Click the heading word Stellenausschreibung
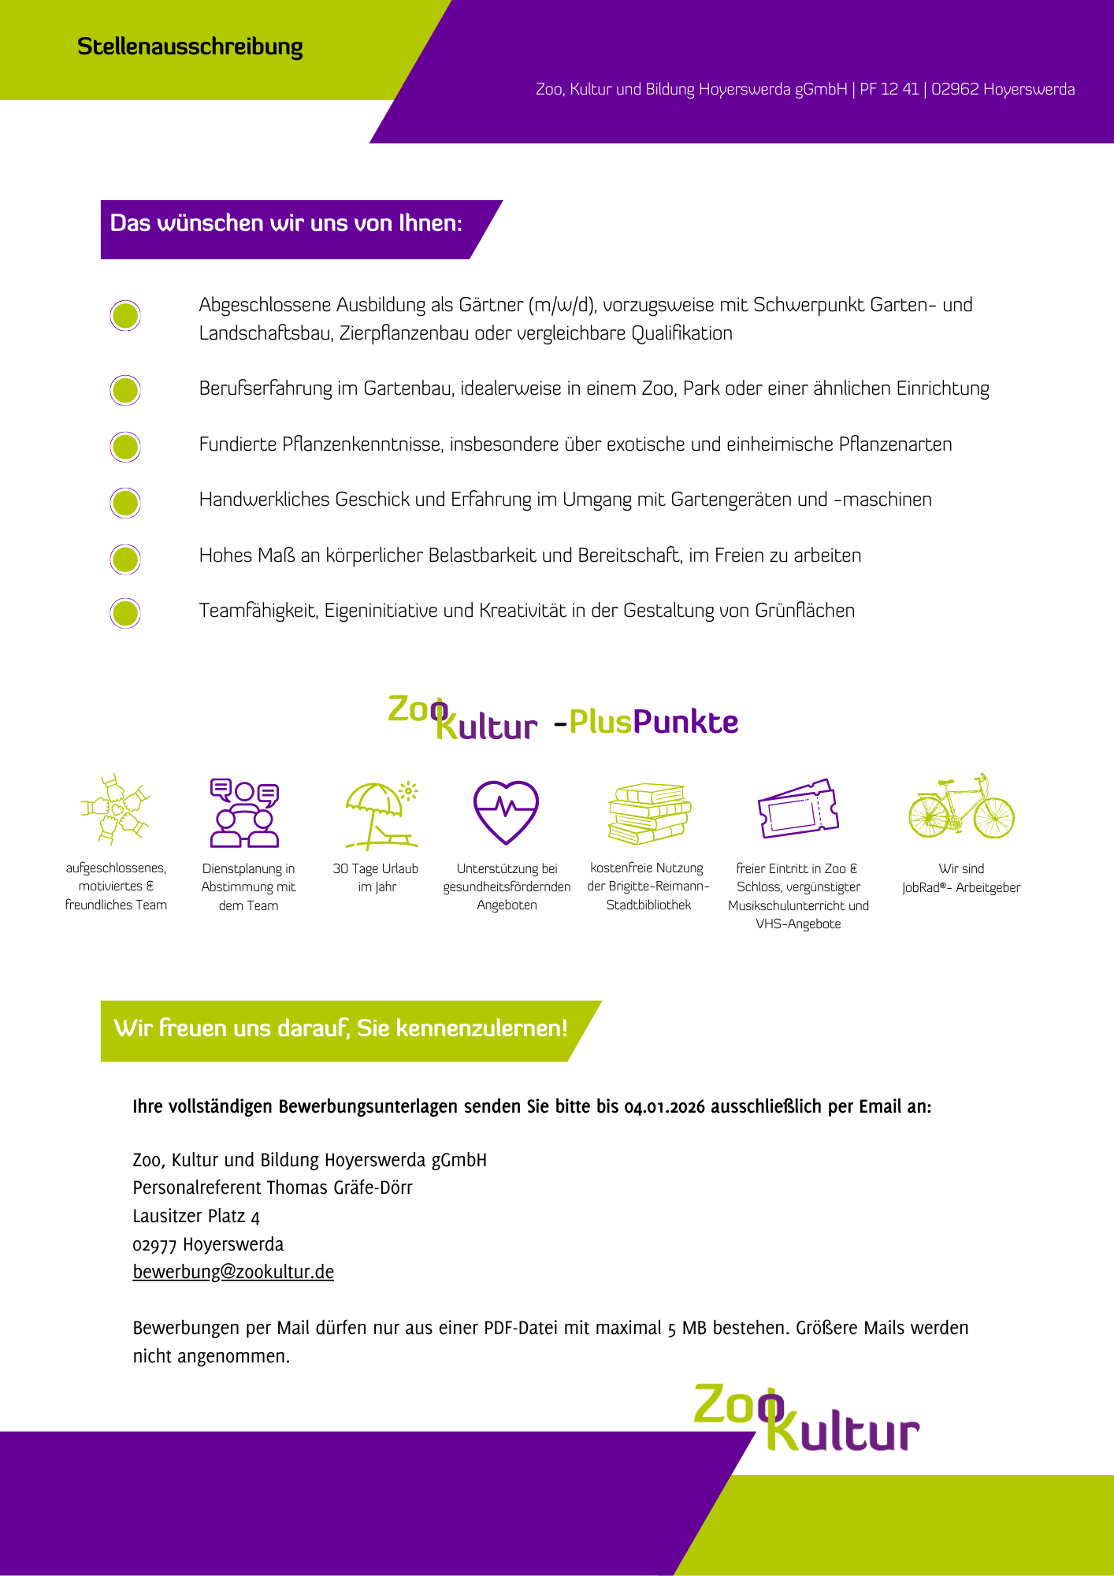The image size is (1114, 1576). (190, 47)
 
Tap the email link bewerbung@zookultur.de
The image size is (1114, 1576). (233, 1272)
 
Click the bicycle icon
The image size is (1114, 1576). (961, 807)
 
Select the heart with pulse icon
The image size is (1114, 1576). (506, 812)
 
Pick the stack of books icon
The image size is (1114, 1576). (649, 813)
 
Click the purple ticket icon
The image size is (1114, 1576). (797, 808)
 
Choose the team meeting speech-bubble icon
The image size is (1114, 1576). (244, 812)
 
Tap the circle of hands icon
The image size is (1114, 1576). (116, 808)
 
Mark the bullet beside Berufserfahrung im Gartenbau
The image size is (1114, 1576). (125, 390)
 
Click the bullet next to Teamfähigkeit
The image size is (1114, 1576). (125, 613)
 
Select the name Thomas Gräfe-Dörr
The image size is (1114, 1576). (340, 1188)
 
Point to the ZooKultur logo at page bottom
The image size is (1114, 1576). (805, 1418)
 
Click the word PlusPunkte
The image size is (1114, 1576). (653, 722)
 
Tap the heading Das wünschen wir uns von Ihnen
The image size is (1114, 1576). (286, 224)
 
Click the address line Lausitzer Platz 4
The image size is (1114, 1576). (196, 1216)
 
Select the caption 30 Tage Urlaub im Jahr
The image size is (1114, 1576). (376, 878)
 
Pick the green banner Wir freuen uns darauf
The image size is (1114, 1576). (340, 1029)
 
